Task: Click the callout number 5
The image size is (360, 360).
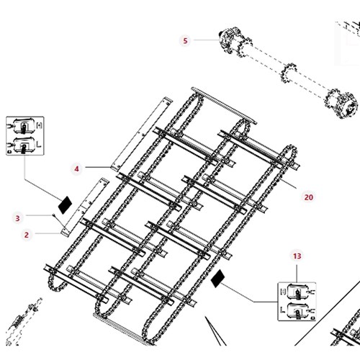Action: [185, 40]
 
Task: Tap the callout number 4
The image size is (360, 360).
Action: [76, 168]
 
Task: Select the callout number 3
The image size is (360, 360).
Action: [17, 218]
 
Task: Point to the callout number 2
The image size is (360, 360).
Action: [27, 235]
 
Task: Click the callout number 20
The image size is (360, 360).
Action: [309, 197]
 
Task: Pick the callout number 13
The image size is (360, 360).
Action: [297, 256]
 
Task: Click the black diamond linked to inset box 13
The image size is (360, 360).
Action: [217, 278]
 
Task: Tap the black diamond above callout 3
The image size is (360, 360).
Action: [66, 205]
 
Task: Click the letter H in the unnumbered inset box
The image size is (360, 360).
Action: [39, 125]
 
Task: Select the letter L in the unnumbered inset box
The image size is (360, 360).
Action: [39, 144]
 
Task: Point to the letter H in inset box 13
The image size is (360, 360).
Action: [283, 291]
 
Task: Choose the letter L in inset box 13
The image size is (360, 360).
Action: [283, 310]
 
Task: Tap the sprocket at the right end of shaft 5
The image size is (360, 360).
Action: [341, 104]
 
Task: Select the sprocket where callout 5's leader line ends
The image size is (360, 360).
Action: [235, 42]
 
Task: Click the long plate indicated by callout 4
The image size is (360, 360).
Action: [142, 134]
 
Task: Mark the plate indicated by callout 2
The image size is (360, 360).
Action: [85, 207]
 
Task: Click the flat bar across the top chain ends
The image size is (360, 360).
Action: [224, 106]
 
